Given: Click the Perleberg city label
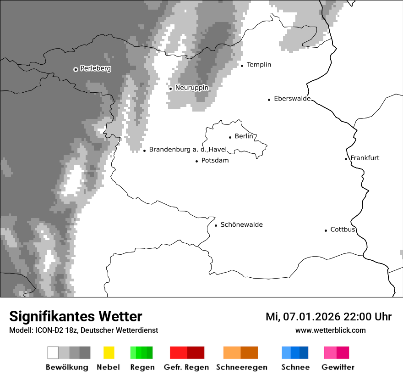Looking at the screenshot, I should click(x=95, y=68).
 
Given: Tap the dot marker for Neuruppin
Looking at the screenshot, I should click(x=170, y=89).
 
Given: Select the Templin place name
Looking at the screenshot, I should click(x=259, y=65).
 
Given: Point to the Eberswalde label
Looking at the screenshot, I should click(x=292, y=99).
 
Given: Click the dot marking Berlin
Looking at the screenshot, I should click(x=230, y=137).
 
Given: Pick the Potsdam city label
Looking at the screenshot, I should click(x=215, y=161).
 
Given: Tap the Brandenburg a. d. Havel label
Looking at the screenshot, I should click(x=188, y=150).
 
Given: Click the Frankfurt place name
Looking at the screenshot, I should click(x=365, y=158).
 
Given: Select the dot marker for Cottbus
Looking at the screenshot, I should click(x=326, y=230).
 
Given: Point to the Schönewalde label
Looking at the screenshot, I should click(x=241, y=224).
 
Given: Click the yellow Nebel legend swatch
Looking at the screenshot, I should click(x=109, y=353).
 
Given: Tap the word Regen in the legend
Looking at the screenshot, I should click(x=142, y=367).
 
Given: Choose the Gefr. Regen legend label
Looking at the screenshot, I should click(x=186, y=367).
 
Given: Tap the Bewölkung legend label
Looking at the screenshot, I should click(x=67, y=367).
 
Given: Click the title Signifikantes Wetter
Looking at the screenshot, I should click(x=76, y=316).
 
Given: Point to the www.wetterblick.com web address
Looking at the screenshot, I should click(x=330, y=330).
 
